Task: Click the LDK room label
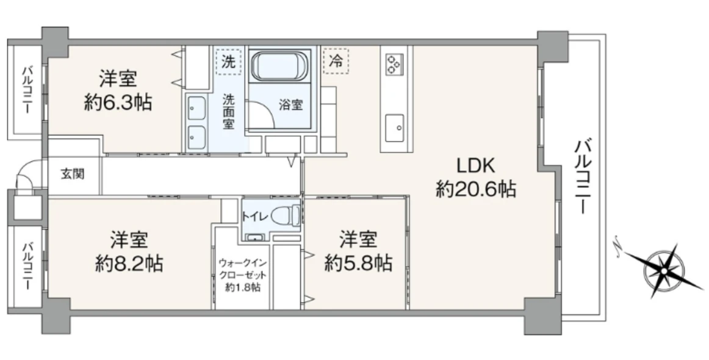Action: [x=476, y=166]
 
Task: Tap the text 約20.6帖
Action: [x=476, y=190]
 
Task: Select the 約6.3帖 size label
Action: [x=118, y=102]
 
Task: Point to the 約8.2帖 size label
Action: [x=129, y=263]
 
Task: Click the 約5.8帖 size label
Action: [x=358, y=263]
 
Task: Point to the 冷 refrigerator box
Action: [x=335, y=61]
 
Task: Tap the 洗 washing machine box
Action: [x=228, y=61]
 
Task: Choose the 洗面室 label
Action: [x=228, y=111]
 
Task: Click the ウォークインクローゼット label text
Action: [x=243, y=275]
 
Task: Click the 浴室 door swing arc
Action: [x=262, y=113]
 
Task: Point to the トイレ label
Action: [x=254, y=215]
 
